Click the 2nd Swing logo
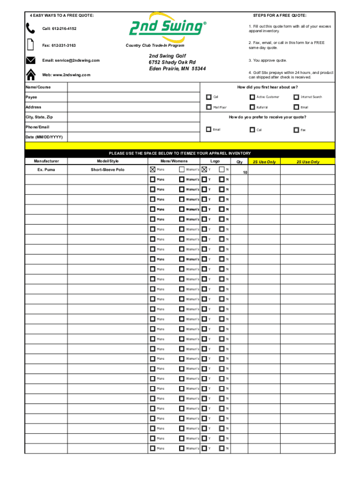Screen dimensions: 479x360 (166, 28)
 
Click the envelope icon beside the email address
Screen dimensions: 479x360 (30, 60)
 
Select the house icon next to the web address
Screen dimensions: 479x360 (30, 75)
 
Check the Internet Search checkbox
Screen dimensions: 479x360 (296, 97)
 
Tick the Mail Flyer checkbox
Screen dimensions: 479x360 (209, 107)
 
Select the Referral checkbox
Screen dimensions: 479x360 (252, 107)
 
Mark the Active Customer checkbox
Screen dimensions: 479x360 (252, 97)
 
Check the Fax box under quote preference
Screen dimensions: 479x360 (296, 130)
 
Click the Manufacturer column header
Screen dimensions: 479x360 (46, 161)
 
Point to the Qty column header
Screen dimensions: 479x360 (239, 162)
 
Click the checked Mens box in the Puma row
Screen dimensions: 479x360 (153, 169)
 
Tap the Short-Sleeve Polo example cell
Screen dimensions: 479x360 (108, 169)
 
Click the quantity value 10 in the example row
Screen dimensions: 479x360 (245, 173)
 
